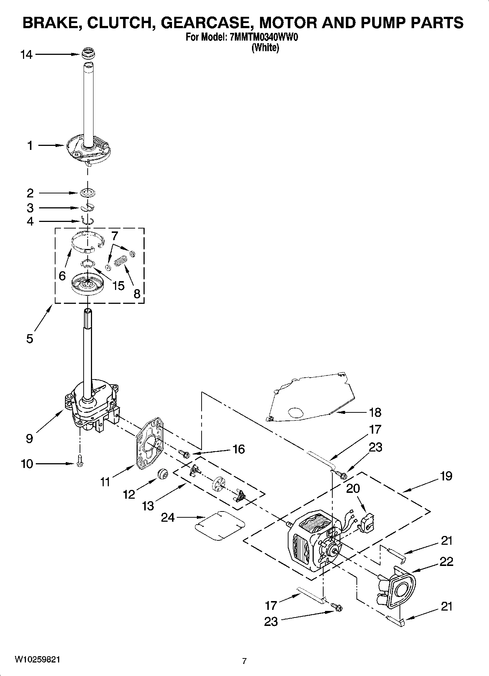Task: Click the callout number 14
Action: pyautogui.click(x=27, y=55)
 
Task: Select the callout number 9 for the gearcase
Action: pyautogui.click(x=30, y=438)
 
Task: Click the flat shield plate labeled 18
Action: pyautogui.click(x=314, y=399)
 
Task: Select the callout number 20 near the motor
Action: pyautogui.click(x=353, y=488)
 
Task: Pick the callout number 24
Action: pyautogui.click(x=168, y=517)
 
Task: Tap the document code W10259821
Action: pyautogui.click(x=37, y=659)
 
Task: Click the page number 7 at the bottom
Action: pyautogui.click(x=244, y=661)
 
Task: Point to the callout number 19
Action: pyautogui.click(x=446, y=476)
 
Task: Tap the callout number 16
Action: pyautogui.click(x=238, y=449)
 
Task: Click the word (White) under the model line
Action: pyautogui.click(x=265, y=48)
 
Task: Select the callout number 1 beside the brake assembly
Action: pyautogui.click(x=30, y=146)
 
